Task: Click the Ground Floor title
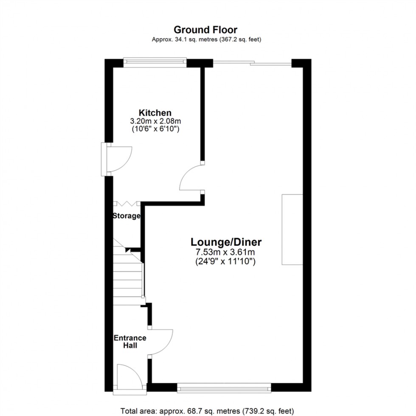click(206, 30)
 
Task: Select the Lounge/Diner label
click(226, 242)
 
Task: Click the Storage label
click(126, 216)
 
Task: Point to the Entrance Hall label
click(130, 342)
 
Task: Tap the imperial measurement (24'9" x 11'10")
click(225, 261)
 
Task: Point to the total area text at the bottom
click(207, 411)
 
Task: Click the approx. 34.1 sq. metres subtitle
click(206, 40)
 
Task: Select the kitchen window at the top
click(155, 63)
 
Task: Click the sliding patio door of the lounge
click(252, 64)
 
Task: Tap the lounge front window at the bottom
click(224, 387)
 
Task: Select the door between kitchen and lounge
click(192, 178)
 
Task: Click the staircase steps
click(127, 276)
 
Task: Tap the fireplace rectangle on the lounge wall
click(292, 230)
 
